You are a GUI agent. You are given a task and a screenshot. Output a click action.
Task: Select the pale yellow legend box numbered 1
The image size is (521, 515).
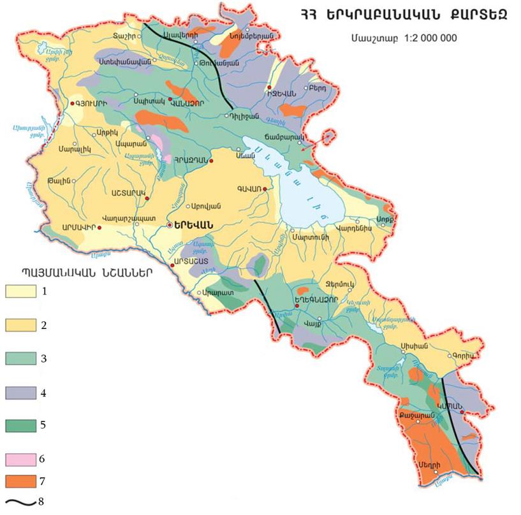(x=23, y=291)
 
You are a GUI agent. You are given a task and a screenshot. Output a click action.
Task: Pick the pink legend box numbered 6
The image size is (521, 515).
(x=23, y=459)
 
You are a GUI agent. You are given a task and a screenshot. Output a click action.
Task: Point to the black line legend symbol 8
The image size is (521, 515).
(x=21, y=502)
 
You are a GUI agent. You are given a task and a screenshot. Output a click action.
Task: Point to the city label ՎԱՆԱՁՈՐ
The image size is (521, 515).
(x=192, y=106)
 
